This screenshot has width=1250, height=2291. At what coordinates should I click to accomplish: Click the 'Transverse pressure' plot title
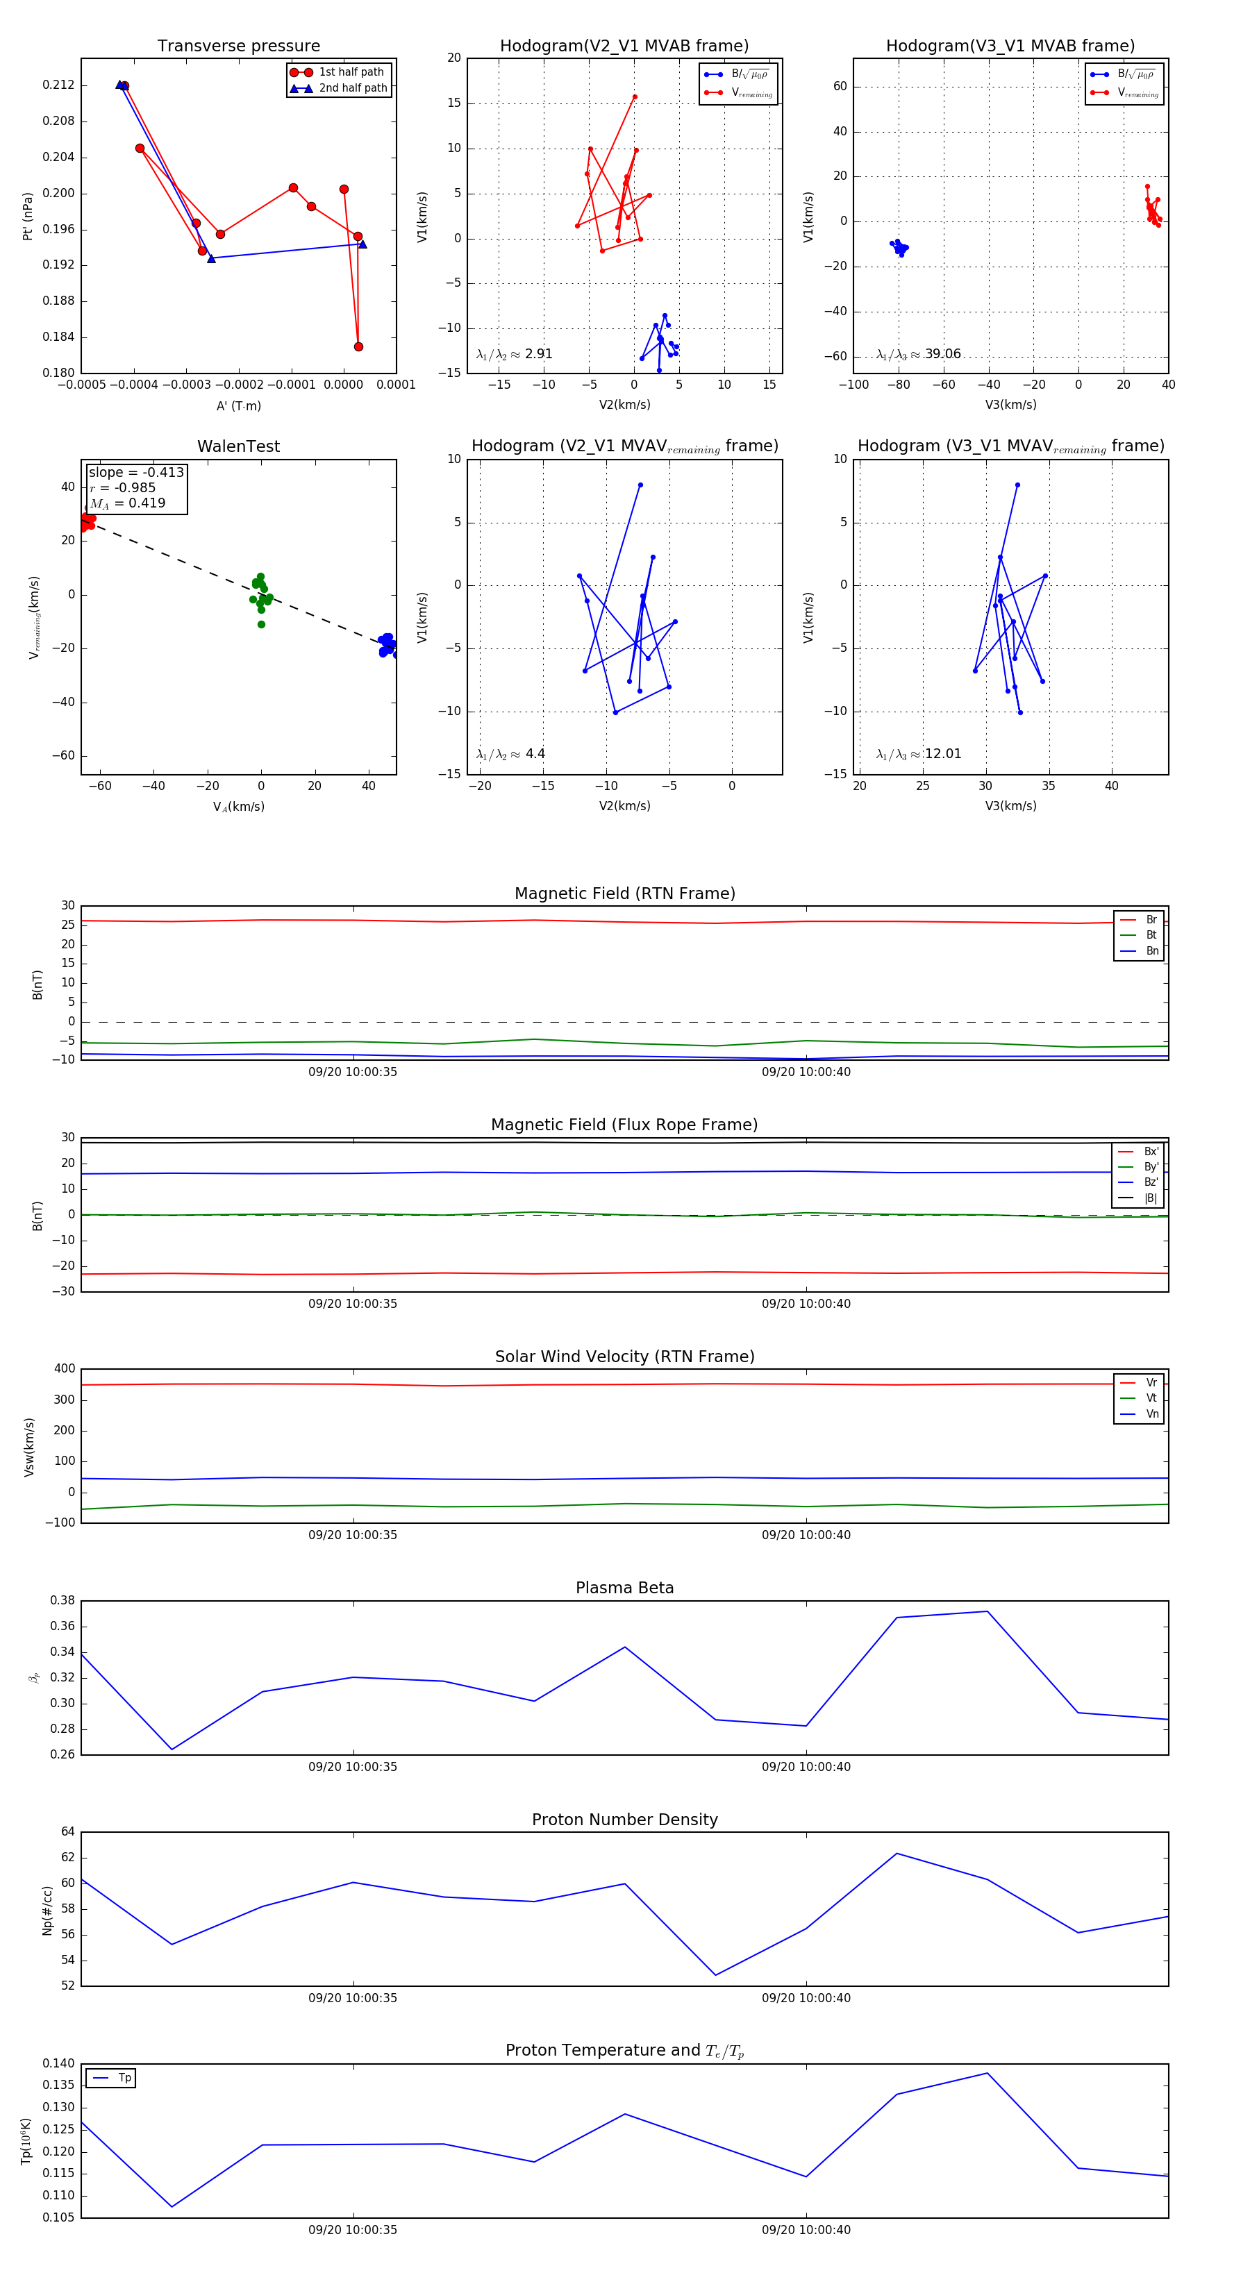[x=238, y=47]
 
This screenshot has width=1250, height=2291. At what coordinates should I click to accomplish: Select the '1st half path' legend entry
[x=351, y=72]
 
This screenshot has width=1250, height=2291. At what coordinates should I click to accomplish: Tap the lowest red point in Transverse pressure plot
[x=358, y=347]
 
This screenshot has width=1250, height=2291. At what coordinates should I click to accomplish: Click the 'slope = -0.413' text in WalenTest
[x=136, y=472]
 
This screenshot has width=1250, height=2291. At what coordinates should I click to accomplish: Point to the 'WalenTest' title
[x=238, y=446]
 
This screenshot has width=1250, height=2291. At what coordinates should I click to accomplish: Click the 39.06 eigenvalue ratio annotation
[x=942, y=354]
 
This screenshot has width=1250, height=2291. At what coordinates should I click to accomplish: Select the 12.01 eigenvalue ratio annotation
[x=942, y=754]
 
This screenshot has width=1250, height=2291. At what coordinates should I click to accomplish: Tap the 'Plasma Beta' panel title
[x=624, y=1588]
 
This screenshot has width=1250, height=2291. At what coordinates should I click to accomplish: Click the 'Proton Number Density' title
[x=624, y=1820]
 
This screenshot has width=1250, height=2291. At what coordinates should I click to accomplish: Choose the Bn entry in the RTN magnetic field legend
[x=1152, y=950]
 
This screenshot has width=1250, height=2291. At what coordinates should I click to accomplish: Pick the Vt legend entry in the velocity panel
[x=1151, y=1398]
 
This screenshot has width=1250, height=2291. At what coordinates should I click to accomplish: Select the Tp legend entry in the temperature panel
[x=124, y=2078]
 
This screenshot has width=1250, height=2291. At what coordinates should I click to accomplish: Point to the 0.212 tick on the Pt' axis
[x=59, y=85]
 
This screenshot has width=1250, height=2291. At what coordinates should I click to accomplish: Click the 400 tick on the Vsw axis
[x=64, y=1369]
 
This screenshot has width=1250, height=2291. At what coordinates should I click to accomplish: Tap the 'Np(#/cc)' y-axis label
[x=48, y=1909]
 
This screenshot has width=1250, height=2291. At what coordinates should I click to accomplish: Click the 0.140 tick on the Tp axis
[x=59, y=2063]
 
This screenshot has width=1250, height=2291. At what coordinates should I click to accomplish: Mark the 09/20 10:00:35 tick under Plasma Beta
[x=353, y=1766]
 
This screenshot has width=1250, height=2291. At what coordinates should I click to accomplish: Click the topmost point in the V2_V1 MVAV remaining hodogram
[x=640, y=485]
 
